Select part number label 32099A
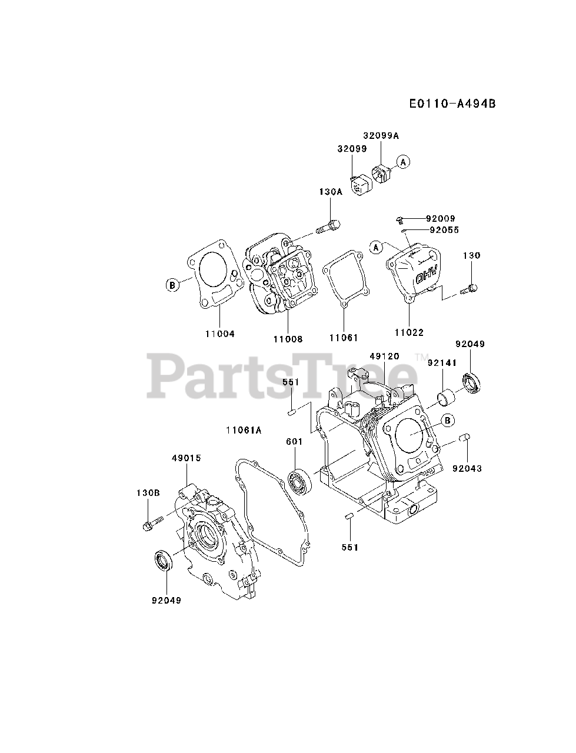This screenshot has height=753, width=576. coord(380,135)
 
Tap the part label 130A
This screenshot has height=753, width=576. coord(330,192)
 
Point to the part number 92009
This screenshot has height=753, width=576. coord(441,219)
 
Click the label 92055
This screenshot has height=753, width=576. coord(444,230)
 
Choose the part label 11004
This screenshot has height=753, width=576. coord(220,334)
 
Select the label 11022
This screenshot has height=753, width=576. coord(409,333)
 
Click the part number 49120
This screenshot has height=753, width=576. coord(385,356)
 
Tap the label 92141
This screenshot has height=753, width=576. coord(442,364)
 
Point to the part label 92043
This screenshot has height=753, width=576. coord(467,468)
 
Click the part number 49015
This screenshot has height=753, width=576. coord(187,457)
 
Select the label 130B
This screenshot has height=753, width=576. coord(148,493)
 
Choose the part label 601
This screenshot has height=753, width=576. coord(294,442)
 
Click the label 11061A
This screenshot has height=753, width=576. coord(243,430)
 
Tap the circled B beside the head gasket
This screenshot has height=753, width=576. coord(172,285)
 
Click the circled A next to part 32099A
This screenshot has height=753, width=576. coord(403,162)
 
